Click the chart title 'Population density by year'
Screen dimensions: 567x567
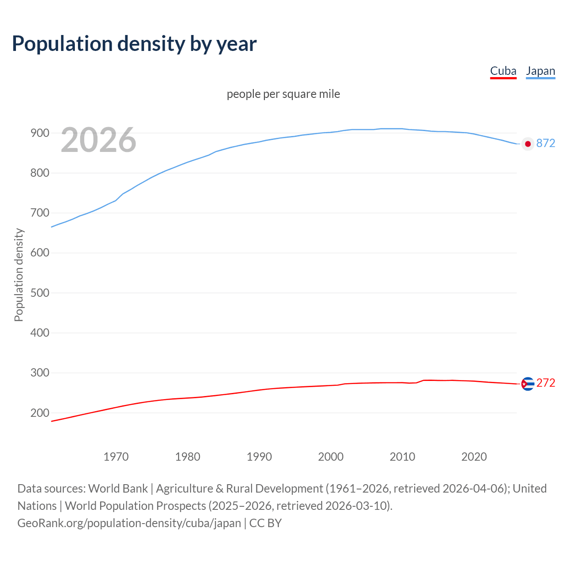(134, 44)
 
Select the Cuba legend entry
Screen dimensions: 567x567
(503, 71)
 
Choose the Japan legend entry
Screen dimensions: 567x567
(540, 71)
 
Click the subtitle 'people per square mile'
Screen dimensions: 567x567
(283, 94)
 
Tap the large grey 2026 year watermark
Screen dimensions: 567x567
(98, 140)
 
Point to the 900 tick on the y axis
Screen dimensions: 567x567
(39, 133)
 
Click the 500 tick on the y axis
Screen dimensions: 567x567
(39, 293)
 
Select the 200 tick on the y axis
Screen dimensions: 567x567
(39, 413)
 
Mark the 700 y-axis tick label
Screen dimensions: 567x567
(39, 213)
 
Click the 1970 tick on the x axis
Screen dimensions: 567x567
(116, 457)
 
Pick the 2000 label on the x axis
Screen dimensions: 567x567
(331, 457)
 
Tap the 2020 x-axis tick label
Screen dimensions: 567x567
(474, 457)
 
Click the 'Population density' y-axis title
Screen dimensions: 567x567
(19, 275)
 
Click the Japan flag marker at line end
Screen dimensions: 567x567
(528, 144)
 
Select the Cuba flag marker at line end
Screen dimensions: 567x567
(528, 384)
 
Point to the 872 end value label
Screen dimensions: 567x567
(546, 143)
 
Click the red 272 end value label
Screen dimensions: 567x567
(546, 383)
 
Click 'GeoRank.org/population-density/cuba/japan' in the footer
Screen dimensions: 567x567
(129, 523)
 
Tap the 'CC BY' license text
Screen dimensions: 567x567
(265, 523)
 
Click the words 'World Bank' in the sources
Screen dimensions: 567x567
(118, 489)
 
